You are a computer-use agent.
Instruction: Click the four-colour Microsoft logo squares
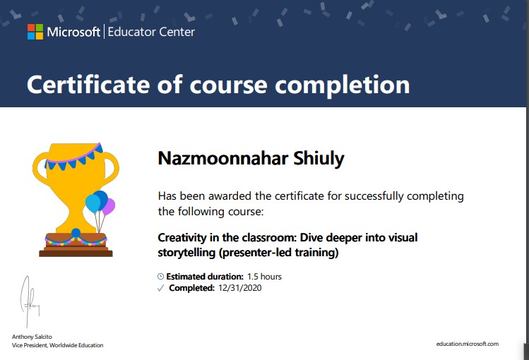click(35, 32)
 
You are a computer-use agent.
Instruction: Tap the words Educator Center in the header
click(151, 32)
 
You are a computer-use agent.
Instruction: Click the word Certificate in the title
click(88, 84)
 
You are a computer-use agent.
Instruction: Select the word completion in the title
click(342, 85)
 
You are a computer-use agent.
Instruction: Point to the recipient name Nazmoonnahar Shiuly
click(251, 158)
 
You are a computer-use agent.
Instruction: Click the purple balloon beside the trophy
click(109, 206)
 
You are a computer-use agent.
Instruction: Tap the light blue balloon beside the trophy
click(93, 203)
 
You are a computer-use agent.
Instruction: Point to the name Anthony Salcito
click(32, 337)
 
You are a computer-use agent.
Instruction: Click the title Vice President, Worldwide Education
click(58, 345)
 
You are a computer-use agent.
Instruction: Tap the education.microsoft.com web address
click(468, 344)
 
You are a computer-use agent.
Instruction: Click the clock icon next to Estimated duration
click(160, 277)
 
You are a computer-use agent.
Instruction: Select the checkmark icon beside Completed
click(160, 288)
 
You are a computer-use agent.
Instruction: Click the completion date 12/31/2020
click(240, 288)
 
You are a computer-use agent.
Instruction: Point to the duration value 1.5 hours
click(264, 277)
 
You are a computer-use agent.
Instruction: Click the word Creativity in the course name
click(182, 238)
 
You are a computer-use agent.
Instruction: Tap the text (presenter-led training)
click(279, 253)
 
